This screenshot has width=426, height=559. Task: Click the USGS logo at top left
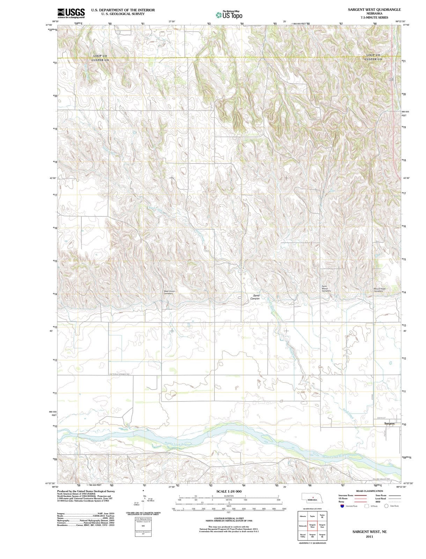(71, 13)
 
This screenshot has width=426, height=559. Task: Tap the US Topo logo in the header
(229, 15)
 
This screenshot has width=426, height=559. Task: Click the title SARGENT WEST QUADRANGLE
(374, 10)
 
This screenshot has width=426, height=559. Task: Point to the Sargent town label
(389, 423)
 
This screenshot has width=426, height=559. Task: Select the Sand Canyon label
(255, 297)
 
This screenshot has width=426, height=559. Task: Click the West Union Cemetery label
(169, 292)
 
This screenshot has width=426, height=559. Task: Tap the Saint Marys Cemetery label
(326, 289)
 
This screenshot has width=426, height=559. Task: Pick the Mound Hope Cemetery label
(380, 290)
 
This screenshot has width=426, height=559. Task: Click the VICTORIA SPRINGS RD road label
(120, 374)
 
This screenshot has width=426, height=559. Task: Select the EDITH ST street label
(381, 418)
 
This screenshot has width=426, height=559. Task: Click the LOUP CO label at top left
(100, 56)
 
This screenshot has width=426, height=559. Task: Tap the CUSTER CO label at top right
(373, 59)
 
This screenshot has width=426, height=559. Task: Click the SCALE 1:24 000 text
(229, 491)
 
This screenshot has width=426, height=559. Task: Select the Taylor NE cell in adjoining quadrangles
(322, 516)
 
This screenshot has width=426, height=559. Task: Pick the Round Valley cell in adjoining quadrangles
(302, 535)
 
